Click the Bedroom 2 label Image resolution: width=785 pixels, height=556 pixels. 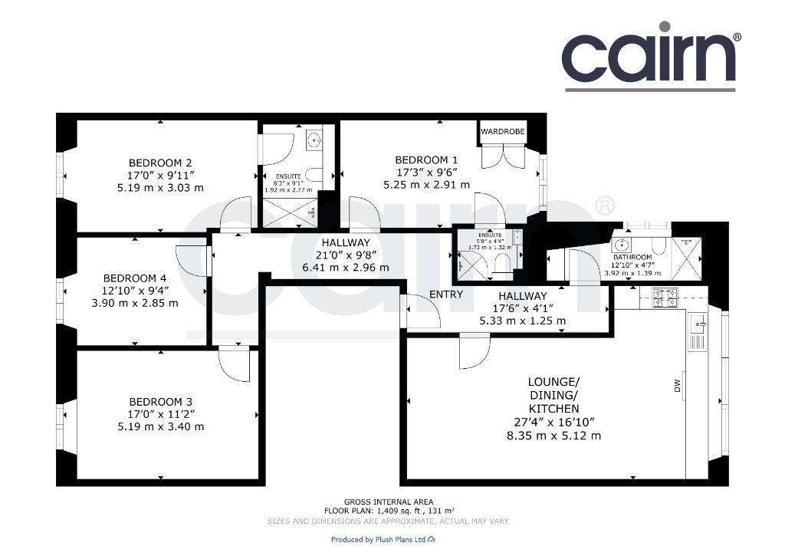pyautogui.click(x=160, y=163)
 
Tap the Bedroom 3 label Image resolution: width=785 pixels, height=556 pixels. pyautogui.click(x=161, y=402)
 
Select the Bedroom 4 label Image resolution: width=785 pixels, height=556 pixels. pyautogui.click(x=135, y=278)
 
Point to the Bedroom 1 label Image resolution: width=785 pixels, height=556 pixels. pyautogui.click(x=426, y=160)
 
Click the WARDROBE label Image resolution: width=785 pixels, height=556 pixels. pyautogui.click(x=503, y=131)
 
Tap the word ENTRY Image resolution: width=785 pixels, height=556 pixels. pyautogui.click(x=446, y=294)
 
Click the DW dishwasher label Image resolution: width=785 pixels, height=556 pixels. pyautogui.click(x=678, y=386)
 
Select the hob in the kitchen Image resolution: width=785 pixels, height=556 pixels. pyautogui.click(x=665, y=298)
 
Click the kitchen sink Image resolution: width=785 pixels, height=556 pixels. pyautogui.click(x=698, y=324)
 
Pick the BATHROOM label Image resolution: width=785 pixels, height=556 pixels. pyautogui.click(x=632, y=257)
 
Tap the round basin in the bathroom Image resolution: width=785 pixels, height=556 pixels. pyautogui.click(x=621, y=245)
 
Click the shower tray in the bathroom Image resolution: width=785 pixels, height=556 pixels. pyautogui.click(x=686, y=259)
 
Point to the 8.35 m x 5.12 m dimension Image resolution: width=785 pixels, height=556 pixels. pyautogui.click(x=553, y=436)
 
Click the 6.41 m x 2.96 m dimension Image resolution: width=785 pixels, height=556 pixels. pyautogui.click(x=346, y=268)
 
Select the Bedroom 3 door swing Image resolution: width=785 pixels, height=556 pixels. pyautogui.click(x=234, y=364)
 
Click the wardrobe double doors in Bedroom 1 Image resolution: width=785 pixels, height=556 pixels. pyautogui.click(x=503, y=156)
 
